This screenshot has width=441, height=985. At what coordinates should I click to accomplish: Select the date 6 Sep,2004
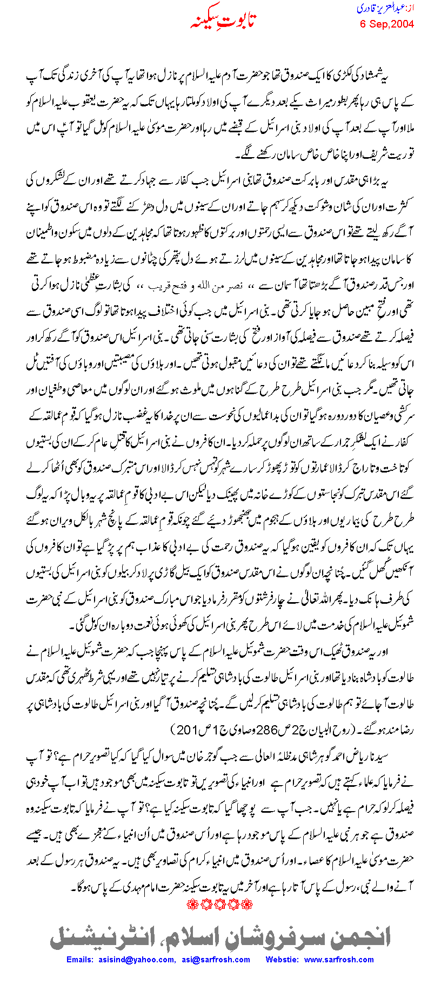coord(387,24)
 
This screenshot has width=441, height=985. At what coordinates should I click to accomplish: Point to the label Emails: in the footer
coord(80,960)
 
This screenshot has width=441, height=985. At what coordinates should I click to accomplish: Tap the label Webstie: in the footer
coord(282,960)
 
